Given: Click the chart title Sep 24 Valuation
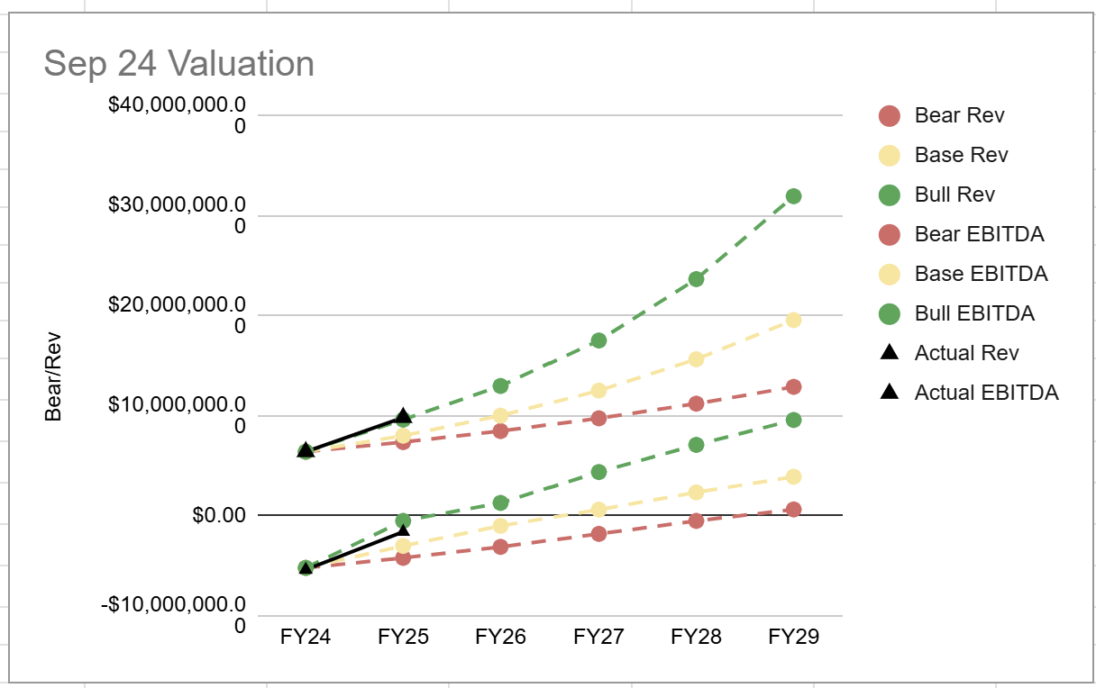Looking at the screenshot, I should click(x=178, y=64).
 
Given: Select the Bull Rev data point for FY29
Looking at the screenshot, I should click(x=793, y=196).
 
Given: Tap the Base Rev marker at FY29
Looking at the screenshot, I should click(x=793, y=320).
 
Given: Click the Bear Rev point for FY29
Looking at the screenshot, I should click(x=793, y=386).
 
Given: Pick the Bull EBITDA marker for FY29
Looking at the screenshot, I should click(x=793, y=420).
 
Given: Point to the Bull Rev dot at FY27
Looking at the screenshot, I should click(x=598, y=340).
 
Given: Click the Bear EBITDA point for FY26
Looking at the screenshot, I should click(x=501, y=547).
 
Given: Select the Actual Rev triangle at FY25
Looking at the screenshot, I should click(x=404, y=416).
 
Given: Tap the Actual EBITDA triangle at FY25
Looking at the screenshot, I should click(x=404, y=530).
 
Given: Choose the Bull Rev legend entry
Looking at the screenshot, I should click(x=954, y=195).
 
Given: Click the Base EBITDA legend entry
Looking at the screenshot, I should click(x=981, y=274).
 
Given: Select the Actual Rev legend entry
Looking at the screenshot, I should click(x=966, y=353).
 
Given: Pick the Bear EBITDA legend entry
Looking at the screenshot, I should click(x=979, y=234).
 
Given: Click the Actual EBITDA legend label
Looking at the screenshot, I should click(x=986, y=393).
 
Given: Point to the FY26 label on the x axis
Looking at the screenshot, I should click(x=501, y=637).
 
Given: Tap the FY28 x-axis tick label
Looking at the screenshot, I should click(x=696, y=637).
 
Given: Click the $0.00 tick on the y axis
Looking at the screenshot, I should click(x=219, y=516).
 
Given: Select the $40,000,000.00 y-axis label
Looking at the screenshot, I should click(x=177, y=114).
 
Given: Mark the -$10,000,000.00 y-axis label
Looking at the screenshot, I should click(x=173, y=613).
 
